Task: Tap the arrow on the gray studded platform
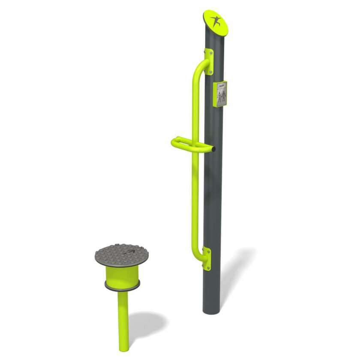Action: pyautogui.click(x=130, y=252)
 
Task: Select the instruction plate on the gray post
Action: pyautogui.click(x=221, y=94)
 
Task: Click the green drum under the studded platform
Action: pyautogui.click(x=122, y=276)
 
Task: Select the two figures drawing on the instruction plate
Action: pyautogui.click(x=221, y=98)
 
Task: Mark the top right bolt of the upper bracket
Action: pyautogui.click(x=211, y=53)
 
